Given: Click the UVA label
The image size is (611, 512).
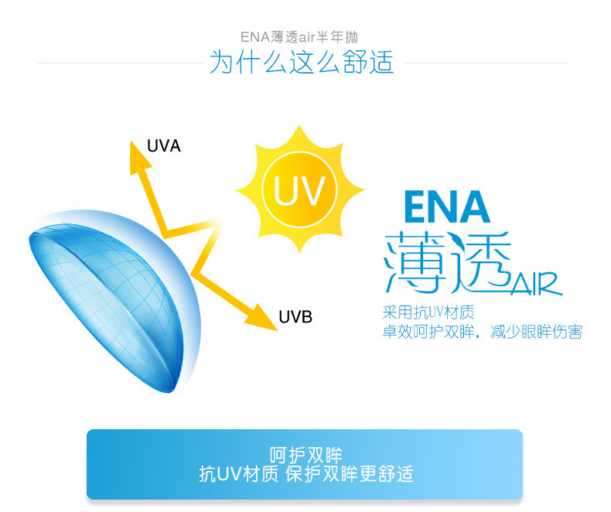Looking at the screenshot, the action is click(163, 145).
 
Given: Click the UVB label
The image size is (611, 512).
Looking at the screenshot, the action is click(295, 316).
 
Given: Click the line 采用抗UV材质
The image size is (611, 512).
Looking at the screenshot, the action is click(428, 314).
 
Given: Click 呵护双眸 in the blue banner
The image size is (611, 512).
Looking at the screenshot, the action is click(305, 455).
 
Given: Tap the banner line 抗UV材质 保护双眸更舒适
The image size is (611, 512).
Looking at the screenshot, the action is click(305, 473).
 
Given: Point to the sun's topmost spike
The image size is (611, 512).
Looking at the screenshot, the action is click(299, 131).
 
